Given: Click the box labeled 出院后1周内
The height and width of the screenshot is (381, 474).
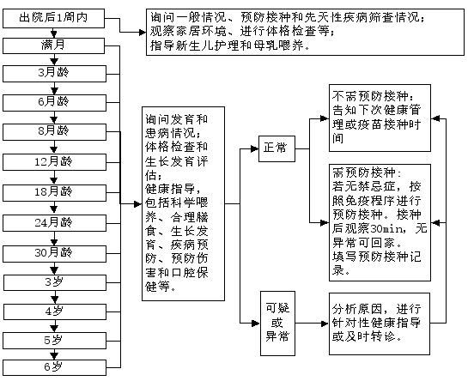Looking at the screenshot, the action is click(54, 18).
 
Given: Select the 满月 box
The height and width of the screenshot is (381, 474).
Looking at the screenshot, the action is click(54, 46).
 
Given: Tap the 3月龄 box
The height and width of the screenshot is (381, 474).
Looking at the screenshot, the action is click(54, 74).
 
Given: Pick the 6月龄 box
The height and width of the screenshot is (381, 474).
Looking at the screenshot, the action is click(54, 103).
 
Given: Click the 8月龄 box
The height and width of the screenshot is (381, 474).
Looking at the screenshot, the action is click(54, 132).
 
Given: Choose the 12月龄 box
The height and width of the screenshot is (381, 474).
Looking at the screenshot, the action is click(54, 162).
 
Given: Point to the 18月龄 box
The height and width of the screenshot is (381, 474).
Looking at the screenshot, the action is click(54, 193).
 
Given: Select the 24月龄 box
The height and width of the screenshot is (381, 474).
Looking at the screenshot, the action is click(54, 223).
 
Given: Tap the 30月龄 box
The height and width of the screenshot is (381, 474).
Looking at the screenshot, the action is click(54, 254).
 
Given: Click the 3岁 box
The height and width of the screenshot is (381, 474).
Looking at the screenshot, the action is click(55, 283).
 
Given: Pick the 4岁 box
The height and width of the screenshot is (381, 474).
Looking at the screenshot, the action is click(55, 311).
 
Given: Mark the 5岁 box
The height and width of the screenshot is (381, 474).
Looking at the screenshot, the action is click(54, 341).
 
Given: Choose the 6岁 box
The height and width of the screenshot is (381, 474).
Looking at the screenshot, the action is click(54, 368).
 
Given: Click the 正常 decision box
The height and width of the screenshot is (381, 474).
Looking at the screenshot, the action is click(276, 148).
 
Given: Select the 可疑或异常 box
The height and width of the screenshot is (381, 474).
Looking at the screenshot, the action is click(277, 324).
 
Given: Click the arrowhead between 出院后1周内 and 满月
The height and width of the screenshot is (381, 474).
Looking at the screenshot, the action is click(54, 33).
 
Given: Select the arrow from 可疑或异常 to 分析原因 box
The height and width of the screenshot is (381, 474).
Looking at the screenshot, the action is click(312, 324).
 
